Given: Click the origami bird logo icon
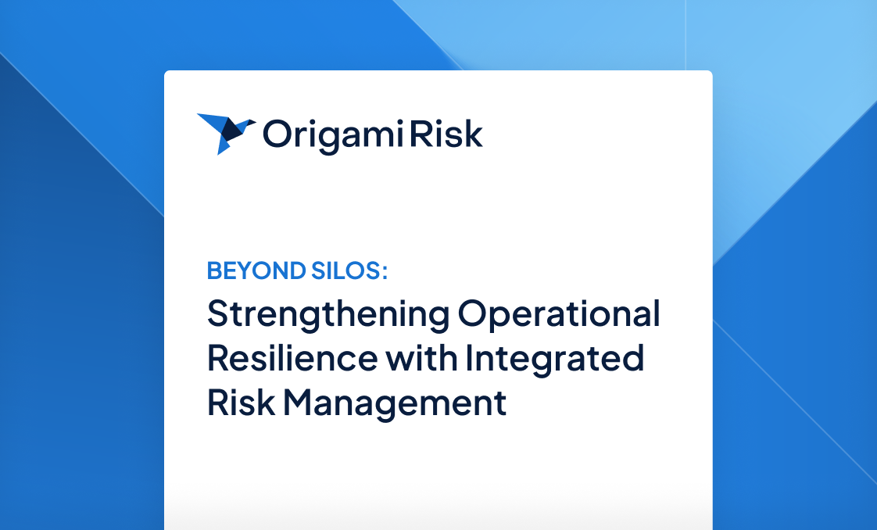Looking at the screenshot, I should click(x=225, y=133).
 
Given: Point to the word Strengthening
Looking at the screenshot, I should click(x=328, y=315).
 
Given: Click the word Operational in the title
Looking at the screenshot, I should click(x=560, y=315).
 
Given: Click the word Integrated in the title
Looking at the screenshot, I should click(x=555, y=359).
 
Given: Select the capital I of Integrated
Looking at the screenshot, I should click(x=470, y=359).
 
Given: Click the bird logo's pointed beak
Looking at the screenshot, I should click(x=252, y=122).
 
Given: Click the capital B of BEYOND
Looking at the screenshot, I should click(x=213, y=271).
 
